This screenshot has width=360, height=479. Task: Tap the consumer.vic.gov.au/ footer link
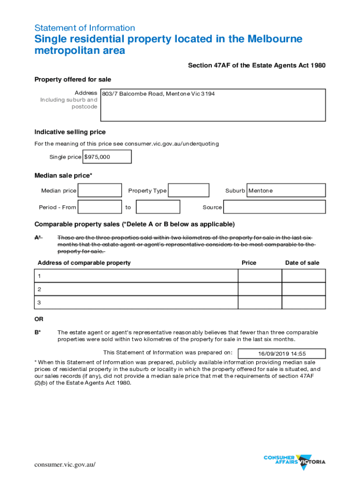pyautogui.click(x=65, y=464)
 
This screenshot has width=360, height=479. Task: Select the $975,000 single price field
pyautogui.click(x=107, y=157)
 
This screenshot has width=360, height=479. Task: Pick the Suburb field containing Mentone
pyautogui.click(x=286, y=190)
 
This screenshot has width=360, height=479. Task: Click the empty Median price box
pyautogui.click(x=100, y=190)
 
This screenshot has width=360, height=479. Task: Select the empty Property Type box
pyautogui.click(x=188, y=190)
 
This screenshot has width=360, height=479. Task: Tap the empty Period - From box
pyautogui.click(x=100, y=207)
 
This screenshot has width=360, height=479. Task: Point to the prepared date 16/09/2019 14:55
pyautogui.click(x=281, y=354)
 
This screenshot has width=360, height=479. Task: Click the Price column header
pyautogui.click(x=249, y=263)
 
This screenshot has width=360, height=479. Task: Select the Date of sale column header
pyautogui.click(x=302, y=263)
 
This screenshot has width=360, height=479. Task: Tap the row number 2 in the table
pyautogui.click(x=40, y=289)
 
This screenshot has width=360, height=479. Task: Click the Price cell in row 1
pyautogui.click(x=259, y=276)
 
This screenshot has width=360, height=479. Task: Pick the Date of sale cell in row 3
pyautogui.click(x=303, y=303)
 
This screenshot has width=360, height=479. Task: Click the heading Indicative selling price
pyautogui.click(x=70, y=132)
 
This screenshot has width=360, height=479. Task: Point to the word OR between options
pyautogui.click(x=39, y=319)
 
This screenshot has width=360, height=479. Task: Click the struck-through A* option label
pyautogui.click(x=38, y=238)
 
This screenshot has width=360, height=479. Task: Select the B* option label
pyautogui.click(x=38, y=333)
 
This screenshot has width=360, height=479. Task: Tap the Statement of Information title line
pyautogui.click(x=85, y=28)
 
